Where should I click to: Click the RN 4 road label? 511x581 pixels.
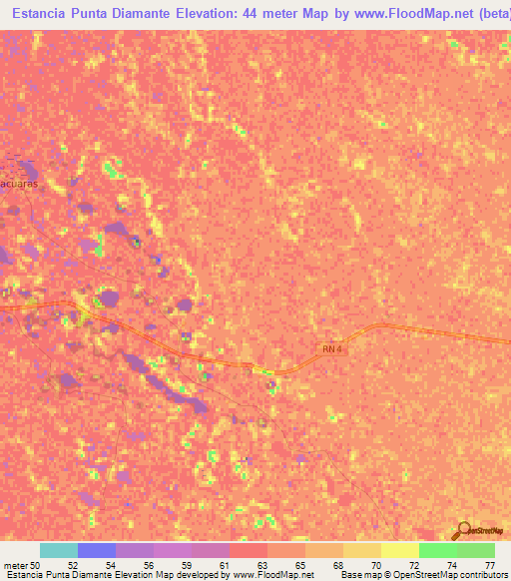[331, 348]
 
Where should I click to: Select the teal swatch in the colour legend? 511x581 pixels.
[58, 550]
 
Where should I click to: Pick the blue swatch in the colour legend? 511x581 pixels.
[96, 550]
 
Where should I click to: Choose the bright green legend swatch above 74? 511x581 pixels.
[437, 550]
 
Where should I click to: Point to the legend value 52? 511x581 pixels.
[72, 565]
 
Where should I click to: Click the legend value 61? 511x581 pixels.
[224, 565]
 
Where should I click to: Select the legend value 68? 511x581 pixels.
[337, 565]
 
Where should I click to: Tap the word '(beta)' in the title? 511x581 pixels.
[489, 14]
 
